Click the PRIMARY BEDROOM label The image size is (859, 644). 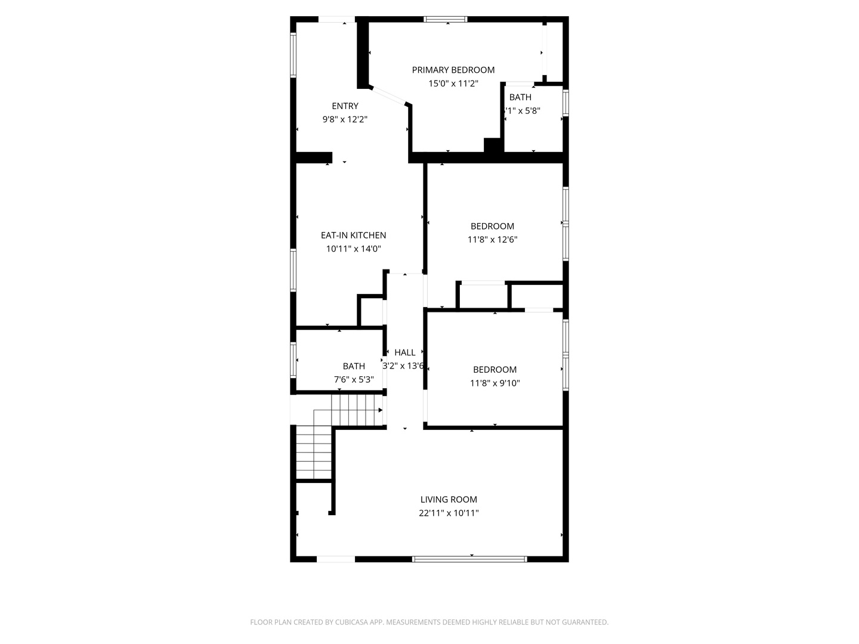(453, 70)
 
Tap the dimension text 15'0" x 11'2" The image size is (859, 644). (453, 84)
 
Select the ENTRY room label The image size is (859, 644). (345, 106)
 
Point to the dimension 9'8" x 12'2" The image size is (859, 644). (345, 119)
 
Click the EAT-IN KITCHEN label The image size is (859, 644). (353, 236)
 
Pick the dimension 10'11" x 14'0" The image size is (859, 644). (353, 249)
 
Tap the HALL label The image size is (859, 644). (404, 352)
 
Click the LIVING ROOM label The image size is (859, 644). (449, 500)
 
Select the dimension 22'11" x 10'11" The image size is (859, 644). (449, 513)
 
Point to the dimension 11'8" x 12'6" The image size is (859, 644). (492, 240)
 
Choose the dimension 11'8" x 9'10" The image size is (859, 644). (495, 383)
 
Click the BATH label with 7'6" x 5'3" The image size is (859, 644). (354, 366)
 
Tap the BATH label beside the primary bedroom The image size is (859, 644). (520, 97)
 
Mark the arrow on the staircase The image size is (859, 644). (380, 410)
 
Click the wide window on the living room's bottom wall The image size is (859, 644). (469, 559)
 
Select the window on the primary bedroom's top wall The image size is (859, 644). (446, 20)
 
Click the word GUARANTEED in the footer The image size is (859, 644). (582, 623)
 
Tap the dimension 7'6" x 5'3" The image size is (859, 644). (354, 380)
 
